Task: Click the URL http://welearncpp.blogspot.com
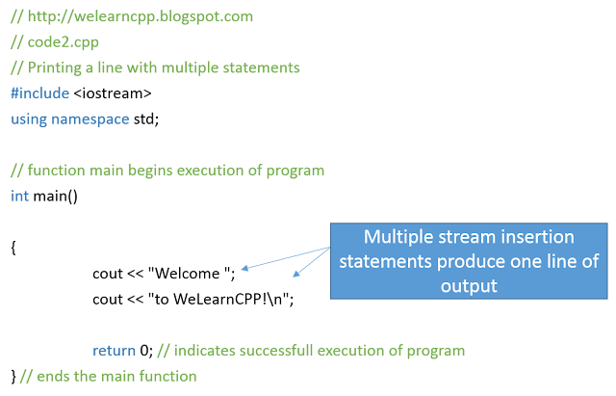[x=141, y=16]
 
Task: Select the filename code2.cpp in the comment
[x=63, y=42]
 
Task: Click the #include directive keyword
[x=40, y=93]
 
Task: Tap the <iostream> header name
[x=113, y=93]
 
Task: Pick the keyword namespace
[x=90, y=119]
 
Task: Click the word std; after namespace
[x=146, y=119]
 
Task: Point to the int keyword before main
[x=19, y=196]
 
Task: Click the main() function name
[x=56, y=197]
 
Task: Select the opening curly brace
[x=13, y=248]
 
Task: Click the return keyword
[x=114, y=351]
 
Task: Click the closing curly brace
[x=13, y=377]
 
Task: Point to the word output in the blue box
[x=469, y=286]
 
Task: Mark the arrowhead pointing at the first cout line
[x=244, y=268]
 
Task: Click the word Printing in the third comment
[x=54, y=68]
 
